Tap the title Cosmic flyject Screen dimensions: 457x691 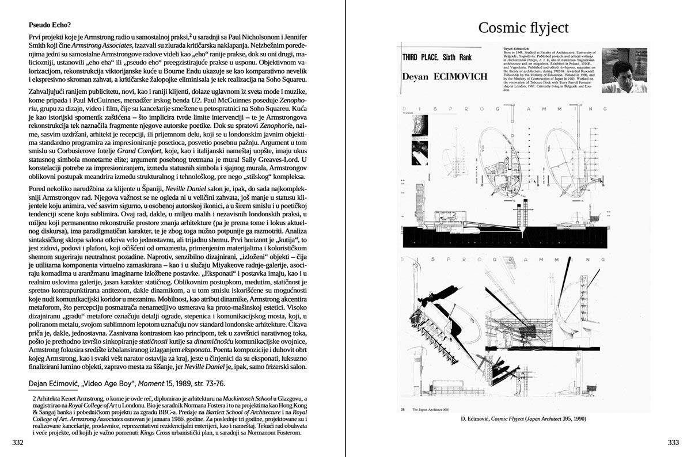[x=523, y=27]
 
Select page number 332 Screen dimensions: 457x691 [x=18, y=442]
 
